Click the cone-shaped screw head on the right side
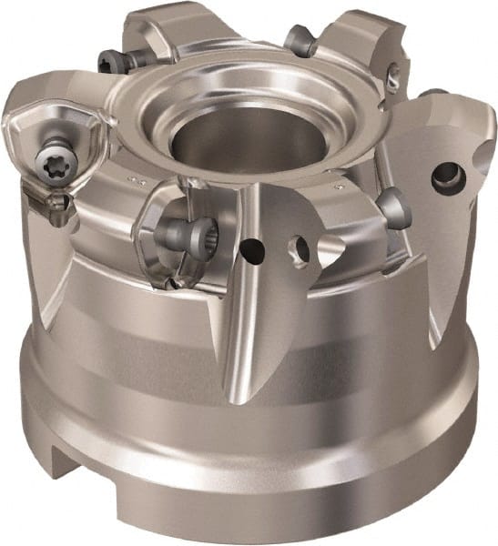pos(394,207)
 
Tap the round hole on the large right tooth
pos(448,177)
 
